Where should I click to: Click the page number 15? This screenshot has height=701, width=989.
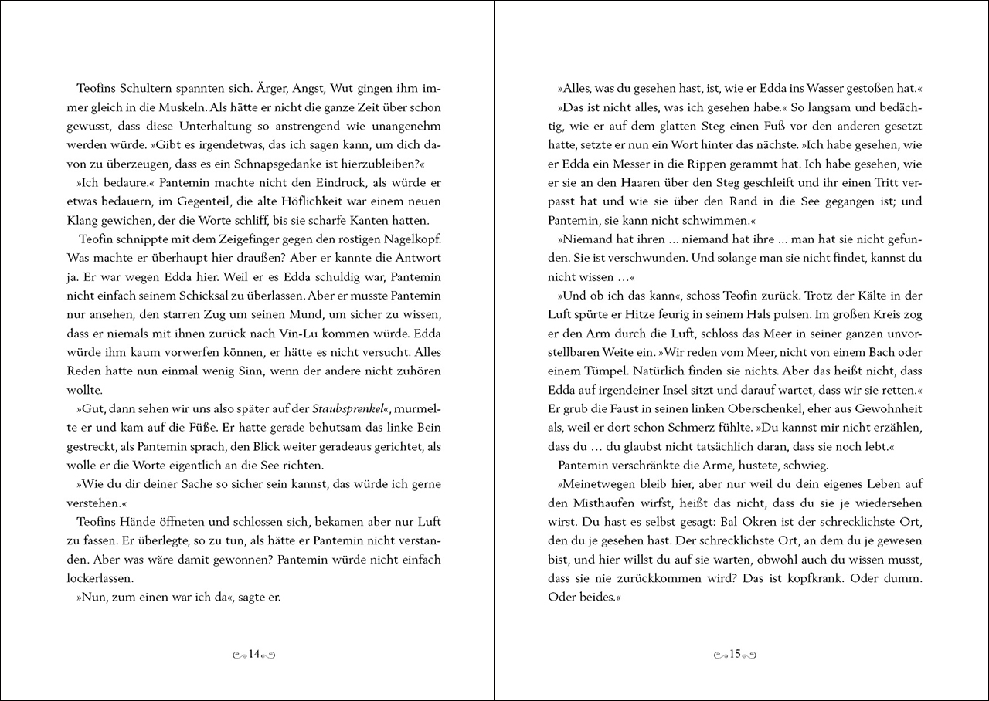735,654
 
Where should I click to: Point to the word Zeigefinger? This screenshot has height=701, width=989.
212,238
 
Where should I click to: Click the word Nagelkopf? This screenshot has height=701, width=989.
406,238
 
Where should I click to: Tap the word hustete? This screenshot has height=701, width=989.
741,464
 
